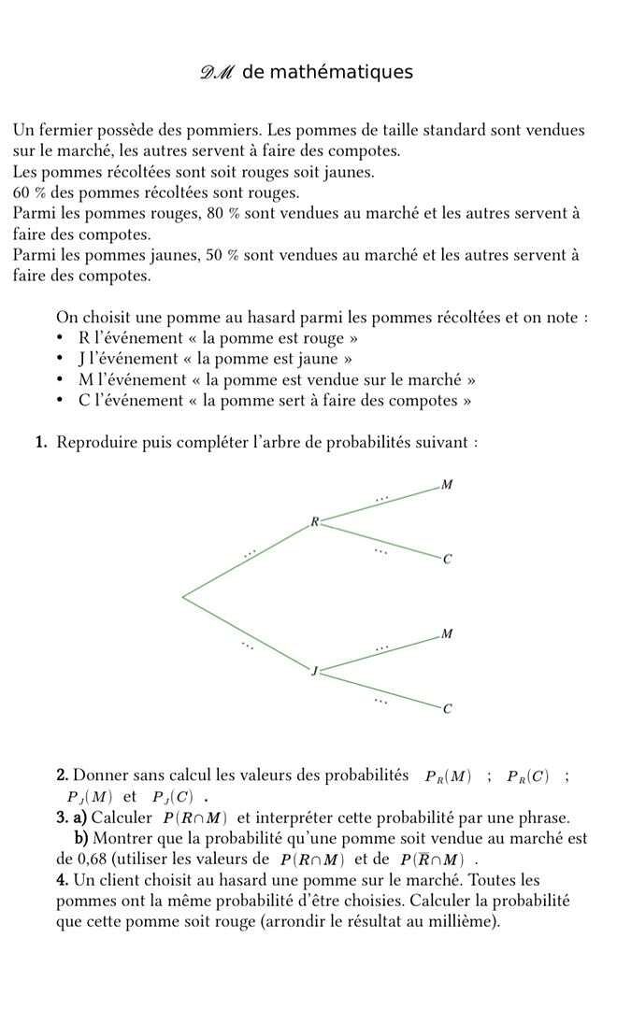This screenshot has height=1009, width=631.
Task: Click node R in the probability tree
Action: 315,521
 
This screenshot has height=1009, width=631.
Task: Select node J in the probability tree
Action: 315,670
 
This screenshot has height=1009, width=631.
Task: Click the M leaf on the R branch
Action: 447,485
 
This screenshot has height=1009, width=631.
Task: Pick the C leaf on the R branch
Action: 447,560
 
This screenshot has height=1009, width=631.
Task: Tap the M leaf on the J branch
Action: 447,634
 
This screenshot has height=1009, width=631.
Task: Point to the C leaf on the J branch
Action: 447,709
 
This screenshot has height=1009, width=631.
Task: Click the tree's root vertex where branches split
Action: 183,595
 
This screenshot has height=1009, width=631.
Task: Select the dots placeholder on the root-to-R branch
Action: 249,553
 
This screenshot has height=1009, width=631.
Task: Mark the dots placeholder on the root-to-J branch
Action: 247,644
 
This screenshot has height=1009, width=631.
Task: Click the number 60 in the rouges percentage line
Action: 22,193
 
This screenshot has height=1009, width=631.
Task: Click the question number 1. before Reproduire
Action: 41,442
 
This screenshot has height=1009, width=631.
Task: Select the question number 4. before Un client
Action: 62,880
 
